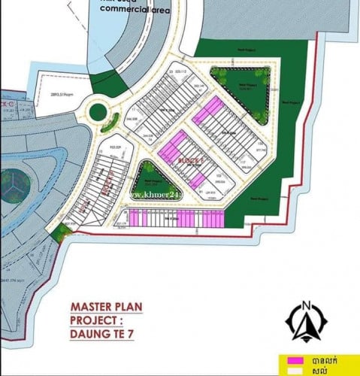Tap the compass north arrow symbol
coord(305,325)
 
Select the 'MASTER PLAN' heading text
coord(106,308)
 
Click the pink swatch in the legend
coord(290,361)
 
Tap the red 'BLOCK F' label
coord(181,161)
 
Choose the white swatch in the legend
coord(290,371)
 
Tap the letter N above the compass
coord(305,305)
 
